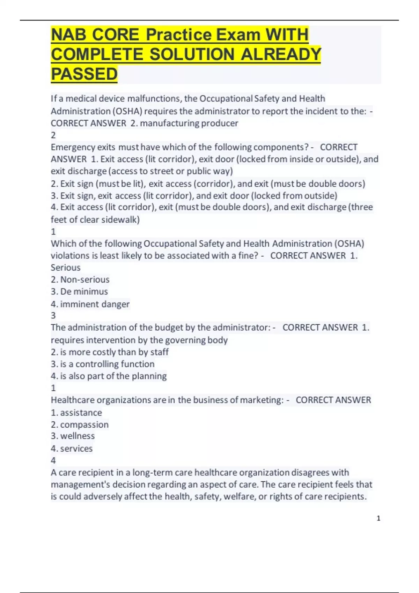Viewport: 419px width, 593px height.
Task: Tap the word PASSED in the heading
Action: pyautogui.click(x=84, y=74)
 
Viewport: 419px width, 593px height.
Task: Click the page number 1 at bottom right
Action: pyautogui.click(x=378, y=518)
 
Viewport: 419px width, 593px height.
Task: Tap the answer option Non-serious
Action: pyautogui.click(x=84, y=279)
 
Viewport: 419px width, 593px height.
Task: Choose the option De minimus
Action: pyautogui.click(x=84, y=292)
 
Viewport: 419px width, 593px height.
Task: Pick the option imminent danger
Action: pyautogui.click(x=95, y=304)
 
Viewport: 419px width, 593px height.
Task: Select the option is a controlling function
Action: pyautogui.click(x=107, y=364)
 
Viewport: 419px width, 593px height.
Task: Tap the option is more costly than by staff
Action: pyautogui.click(x=114, y=352)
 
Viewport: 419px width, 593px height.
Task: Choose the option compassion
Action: pyautogui.click(x=84, y=425)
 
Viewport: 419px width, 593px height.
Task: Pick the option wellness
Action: pyautogui.click(x=77, y=436)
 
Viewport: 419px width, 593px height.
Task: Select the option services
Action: pyautogui.click(x=76, y=449)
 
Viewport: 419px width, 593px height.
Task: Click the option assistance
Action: pyautogui.click(x=81, y=413)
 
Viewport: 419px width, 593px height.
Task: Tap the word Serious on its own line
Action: pyautogui.click(x=66, y=268)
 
